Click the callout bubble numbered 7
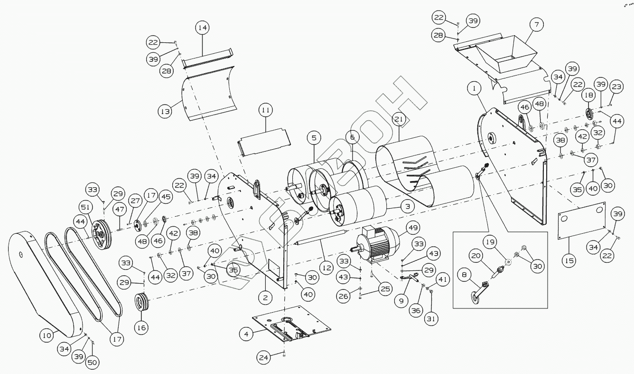(536, 24)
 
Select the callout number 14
(202, 28)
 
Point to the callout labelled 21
(399, 119)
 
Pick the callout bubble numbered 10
(46, 336)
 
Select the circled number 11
(265, 110)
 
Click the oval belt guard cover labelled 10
(45, 280)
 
